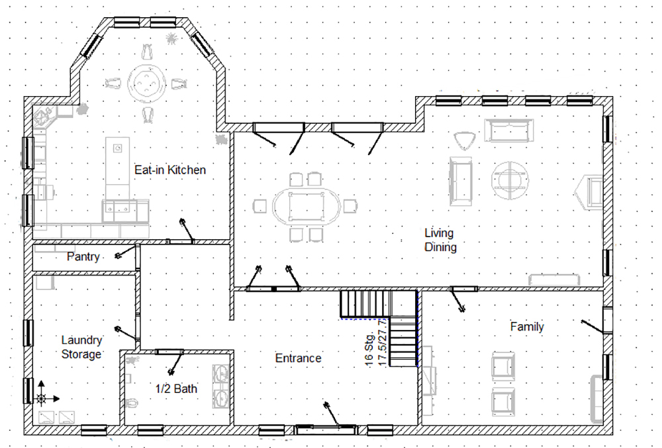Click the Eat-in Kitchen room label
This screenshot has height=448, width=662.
(x=170, y=170)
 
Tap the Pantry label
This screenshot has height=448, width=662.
(x=83, y=256)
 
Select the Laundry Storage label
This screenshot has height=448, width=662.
(x=81, y=347)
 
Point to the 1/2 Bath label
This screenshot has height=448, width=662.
(x=176, y=388)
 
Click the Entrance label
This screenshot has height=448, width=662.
(x=298, y=358)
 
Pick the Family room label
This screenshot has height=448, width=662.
(x=527, y=326)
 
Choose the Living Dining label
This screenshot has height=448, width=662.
(x=440, y=240)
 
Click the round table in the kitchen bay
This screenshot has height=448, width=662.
(x=146, y=83)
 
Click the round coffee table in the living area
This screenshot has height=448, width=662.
(x=510, y=180)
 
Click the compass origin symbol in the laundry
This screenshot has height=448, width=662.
(x=41, y=398)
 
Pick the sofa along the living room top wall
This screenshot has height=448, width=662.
(x=508, y=131)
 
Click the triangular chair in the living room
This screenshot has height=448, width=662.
(x=465, y=140)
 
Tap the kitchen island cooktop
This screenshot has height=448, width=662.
(x=118, y=148)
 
